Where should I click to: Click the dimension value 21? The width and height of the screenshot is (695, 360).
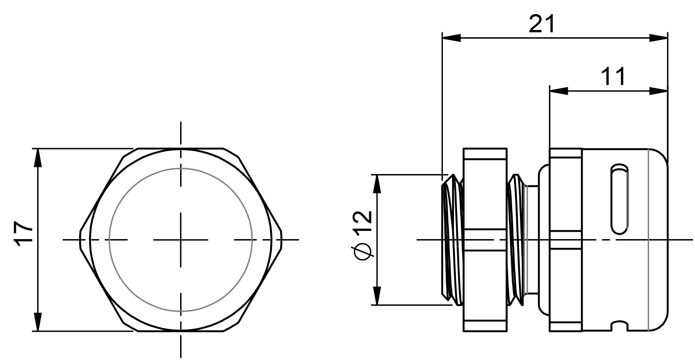coord(542,24)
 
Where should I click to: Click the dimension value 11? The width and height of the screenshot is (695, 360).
coord(613,76)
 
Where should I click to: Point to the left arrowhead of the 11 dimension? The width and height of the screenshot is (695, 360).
coord(559,91)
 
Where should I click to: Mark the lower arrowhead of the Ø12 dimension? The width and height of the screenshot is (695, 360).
coord(377,296)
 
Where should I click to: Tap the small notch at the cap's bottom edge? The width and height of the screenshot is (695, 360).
coord(620,326)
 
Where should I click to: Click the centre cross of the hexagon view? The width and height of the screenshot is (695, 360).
coord(181,240)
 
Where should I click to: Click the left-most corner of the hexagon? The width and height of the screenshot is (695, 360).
coord(81,240)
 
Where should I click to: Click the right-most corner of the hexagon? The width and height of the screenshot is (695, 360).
coord(282,240)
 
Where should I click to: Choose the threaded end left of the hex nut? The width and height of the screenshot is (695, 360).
coord(452,240)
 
